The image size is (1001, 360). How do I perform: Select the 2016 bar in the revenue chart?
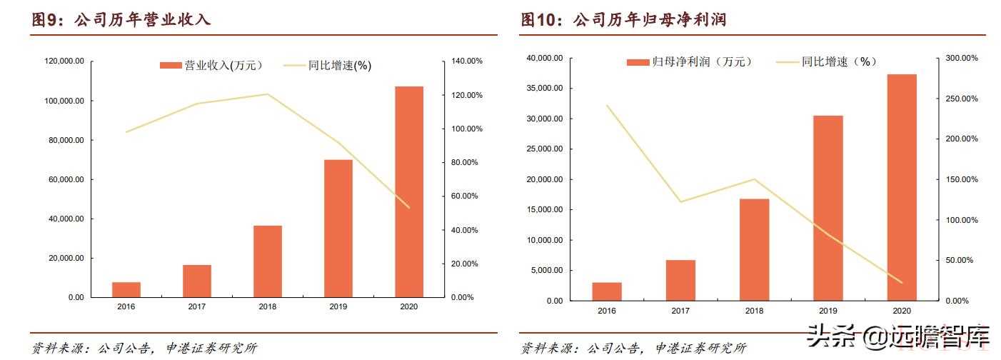point(126,289)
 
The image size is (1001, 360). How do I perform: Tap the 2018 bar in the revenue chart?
point(268,261)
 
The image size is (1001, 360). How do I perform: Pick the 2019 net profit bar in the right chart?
point(828,208)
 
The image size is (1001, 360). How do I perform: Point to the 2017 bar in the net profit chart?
point(680,280)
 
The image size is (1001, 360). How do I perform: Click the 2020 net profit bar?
point(901,187)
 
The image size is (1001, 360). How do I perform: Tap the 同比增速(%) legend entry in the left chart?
point(328,66)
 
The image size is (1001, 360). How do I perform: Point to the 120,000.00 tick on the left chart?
point(64,61)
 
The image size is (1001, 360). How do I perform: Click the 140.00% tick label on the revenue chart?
point(467,61)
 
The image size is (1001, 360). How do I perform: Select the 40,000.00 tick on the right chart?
point(546,58)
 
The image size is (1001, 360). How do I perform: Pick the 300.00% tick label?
point(956,58)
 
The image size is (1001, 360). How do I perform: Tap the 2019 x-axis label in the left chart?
point(338,306)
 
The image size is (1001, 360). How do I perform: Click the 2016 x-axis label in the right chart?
point(607,311)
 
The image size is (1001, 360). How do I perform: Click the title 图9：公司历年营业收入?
point(121,20)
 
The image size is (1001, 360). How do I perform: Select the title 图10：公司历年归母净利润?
point(623,20)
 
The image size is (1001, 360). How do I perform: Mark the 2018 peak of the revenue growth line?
point(267,94)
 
